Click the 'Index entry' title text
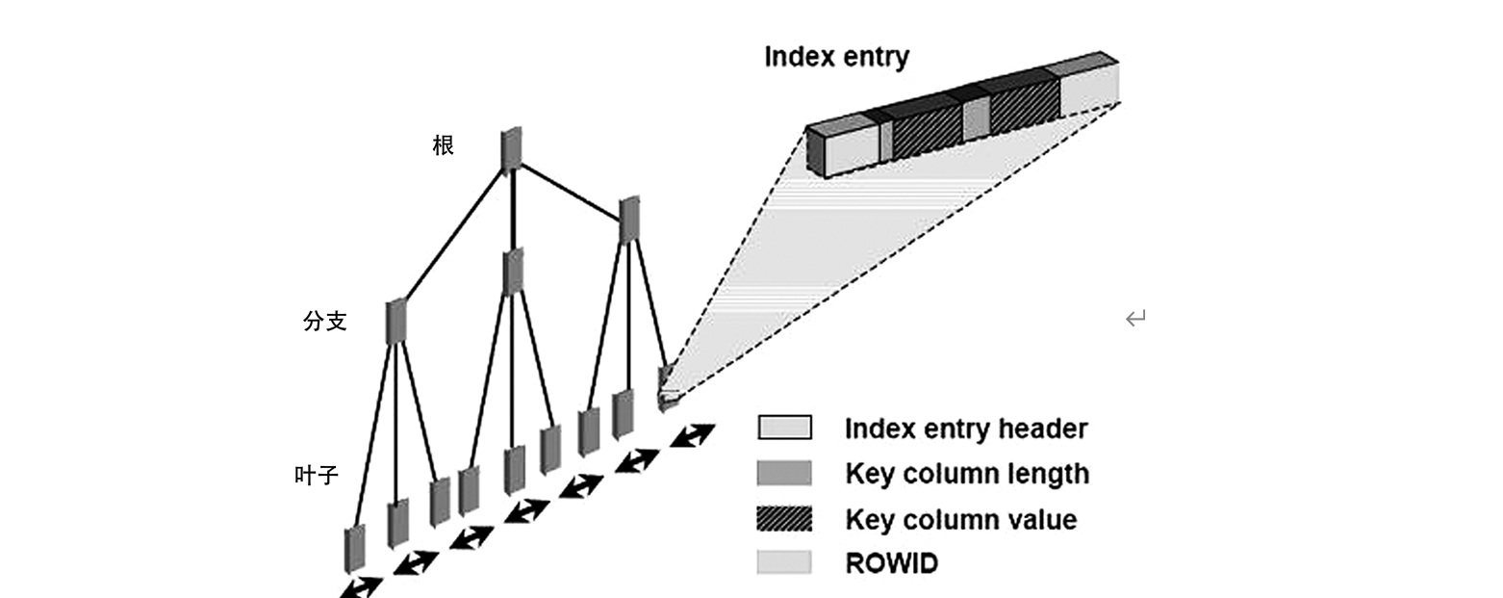836,57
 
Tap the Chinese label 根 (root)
444,146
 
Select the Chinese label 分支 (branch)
324,323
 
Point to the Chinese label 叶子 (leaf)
317,475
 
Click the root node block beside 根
511,148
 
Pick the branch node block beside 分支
395,322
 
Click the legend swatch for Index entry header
784,428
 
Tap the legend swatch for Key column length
784,473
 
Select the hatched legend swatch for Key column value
784,519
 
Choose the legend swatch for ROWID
784,562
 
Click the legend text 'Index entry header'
966,429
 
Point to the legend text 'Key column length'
967,474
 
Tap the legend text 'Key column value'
960,520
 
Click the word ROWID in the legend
891,563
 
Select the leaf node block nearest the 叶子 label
355,548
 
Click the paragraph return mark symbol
1135,318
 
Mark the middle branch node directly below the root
513,272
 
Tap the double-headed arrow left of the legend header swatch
693,435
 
